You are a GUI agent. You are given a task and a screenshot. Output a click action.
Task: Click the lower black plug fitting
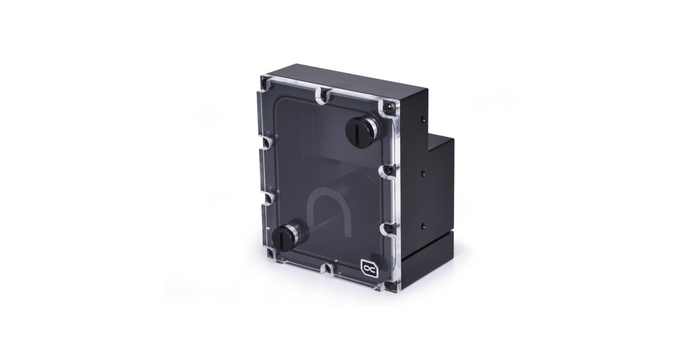click(x=286, y=238)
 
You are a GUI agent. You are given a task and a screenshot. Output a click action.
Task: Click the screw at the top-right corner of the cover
click(x=392, y=107)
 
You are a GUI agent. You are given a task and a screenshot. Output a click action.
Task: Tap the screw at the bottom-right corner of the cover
click(x=389, y=284)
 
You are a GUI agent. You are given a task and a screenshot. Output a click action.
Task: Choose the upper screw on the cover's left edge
click(x=265, y=141)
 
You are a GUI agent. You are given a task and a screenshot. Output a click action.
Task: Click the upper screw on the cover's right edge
click(x=389, y=170)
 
